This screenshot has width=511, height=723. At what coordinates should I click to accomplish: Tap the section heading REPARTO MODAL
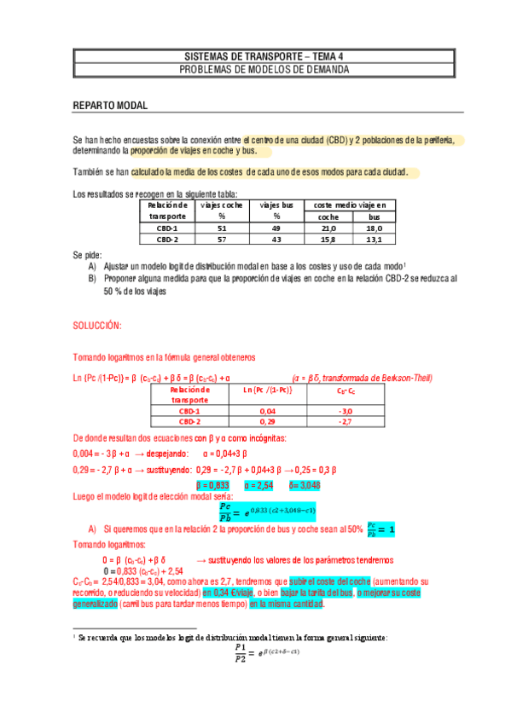(111, 106)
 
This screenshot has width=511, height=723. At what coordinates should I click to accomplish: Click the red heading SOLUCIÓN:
(97, 327)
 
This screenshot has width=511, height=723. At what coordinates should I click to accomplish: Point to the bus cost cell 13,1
(375, 240)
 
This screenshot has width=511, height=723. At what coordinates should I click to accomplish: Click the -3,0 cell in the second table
(346, 411)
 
